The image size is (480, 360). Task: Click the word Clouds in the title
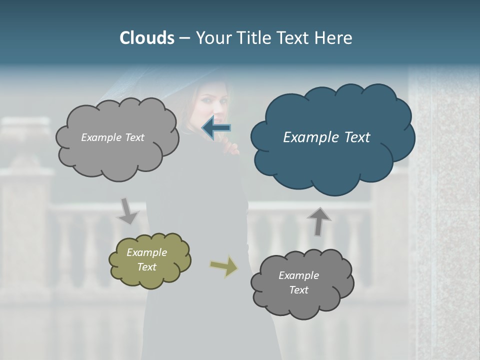point(146,38)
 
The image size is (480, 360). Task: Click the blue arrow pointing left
point(216,128)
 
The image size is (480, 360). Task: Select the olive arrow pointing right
point(224,266)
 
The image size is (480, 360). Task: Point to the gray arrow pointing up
point(318,221)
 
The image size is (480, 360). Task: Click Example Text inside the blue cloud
point(326,137)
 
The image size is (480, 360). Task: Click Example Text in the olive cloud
point(146,259)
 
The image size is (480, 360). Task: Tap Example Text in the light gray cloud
point(112,137)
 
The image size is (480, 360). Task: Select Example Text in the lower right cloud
point(298,282)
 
